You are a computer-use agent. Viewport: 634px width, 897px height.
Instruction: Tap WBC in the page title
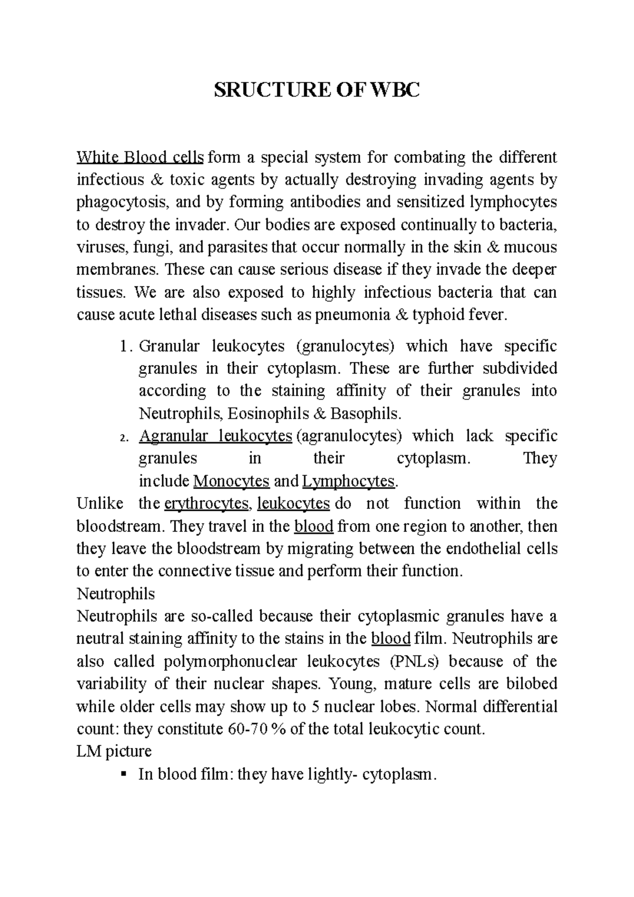tap(395, 91)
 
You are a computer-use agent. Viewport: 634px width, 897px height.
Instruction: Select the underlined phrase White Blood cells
tap(140, 157)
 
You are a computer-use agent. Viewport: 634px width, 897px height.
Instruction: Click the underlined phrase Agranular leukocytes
tap(215, 436)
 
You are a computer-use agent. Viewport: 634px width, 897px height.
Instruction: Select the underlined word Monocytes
tap(232, 481)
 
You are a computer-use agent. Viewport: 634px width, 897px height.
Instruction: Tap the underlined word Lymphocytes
tap(349, 481)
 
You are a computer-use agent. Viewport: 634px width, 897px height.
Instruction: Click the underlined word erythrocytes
tap(207, 504)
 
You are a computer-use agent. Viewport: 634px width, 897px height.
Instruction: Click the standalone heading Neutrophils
tap(116, 594)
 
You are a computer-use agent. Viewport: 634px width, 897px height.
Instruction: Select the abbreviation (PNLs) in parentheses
tap(415, 661)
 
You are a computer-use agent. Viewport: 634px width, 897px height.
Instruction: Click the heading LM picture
tap(114, 751)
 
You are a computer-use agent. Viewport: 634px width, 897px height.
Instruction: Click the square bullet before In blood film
tap(124, 774)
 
